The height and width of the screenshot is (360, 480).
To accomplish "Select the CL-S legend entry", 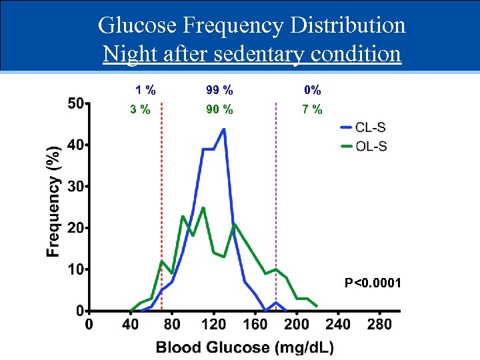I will (x=371, y=127).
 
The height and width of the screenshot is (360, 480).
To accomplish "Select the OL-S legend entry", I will (x=371, y=146).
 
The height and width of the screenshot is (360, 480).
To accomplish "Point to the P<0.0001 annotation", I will (x=373, y=283).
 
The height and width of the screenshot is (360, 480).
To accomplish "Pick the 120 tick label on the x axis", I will (x=213, y=325).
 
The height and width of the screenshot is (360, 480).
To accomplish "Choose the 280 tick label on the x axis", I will (x=379, y=325).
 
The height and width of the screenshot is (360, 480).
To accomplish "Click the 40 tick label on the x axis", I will (x=131, y=325).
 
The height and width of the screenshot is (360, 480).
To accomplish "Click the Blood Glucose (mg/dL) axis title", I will (x=245, y=347).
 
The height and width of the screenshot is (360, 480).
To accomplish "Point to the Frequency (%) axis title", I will (x=53, y=202).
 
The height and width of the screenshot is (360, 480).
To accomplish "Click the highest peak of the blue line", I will (x=223, y=129).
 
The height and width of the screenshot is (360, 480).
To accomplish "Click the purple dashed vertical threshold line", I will (x=275, y=200).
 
